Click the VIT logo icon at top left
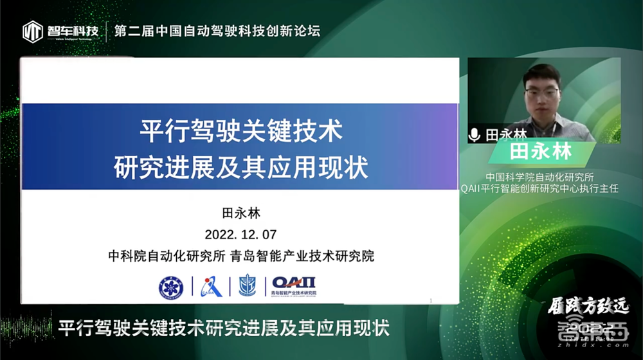[33, 31]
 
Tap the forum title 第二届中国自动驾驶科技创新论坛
[217, 30]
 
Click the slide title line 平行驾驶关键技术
[240, 134]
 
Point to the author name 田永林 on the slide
[240, 212]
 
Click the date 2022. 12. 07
[240, 233]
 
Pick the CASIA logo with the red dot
[211, 286]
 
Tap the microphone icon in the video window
[475, 134]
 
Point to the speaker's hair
[541, 72]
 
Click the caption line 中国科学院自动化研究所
[539, 175]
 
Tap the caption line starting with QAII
[539, 188]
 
